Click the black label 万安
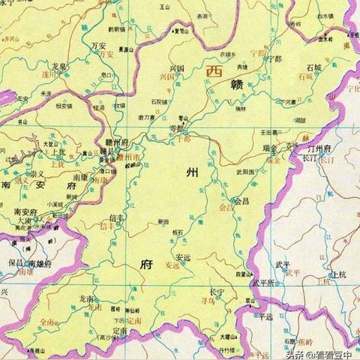(x=98, y=45)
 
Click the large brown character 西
(x=214, y=71)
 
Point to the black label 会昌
(x=241, y=201)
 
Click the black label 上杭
(x=339, y=276)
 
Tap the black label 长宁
(x=217, y=289)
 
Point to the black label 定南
(x=118, y=330)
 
